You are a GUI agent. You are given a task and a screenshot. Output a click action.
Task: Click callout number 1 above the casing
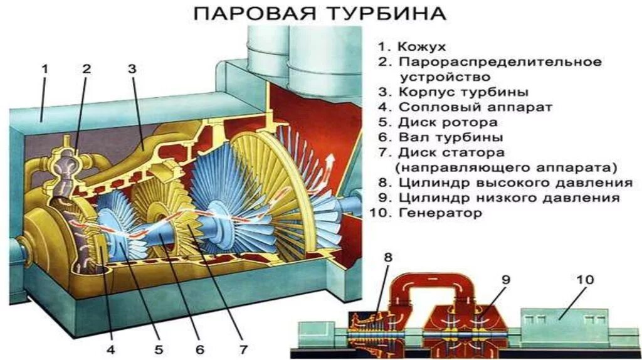tap(45, 70)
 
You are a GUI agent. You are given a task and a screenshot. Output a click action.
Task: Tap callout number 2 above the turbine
tap(87, 70)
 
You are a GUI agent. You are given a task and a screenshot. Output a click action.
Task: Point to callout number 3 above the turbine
tap(132, 70)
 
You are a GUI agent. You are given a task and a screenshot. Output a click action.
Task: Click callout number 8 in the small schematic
tap(387, 257)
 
